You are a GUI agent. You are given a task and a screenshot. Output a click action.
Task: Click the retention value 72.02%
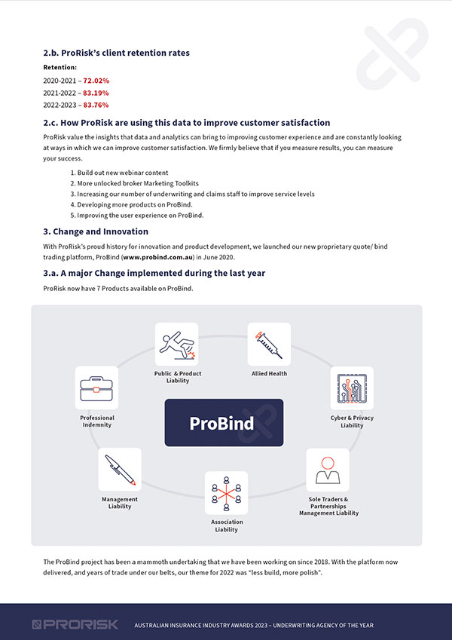[96, 80]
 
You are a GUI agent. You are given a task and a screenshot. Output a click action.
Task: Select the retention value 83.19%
[96, 92]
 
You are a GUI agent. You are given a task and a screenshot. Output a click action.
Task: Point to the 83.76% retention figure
[96, 105]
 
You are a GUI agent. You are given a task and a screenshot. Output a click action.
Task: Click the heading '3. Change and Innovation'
[96, 231]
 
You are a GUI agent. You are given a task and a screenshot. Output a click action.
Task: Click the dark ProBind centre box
[224, 422]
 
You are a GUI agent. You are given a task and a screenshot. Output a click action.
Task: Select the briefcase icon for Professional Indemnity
[96, 388]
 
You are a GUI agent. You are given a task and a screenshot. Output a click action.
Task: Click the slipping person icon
[177, 344]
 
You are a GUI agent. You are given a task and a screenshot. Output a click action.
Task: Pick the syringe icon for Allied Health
[269, 344]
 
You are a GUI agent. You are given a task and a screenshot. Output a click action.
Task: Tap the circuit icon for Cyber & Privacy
[351, 388]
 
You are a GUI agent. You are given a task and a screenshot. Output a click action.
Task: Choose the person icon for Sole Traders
[327, 470]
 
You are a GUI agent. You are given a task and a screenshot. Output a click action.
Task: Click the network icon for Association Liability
[226, 493]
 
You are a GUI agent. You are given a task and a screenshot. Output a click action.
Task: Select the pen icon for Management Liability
[120, 470]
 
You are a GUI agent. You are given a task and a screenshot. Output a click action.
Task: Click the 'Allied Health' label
[269, 373]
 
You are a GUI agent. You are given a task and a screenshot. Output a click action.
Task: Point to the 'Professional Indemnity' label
[96, 421]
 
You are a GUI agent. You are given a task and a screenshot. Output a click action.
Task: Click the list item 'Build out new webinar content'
[122, 173]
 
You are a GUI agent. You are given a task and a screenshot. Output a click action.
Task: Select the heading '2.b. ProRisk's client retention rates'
[117, 53]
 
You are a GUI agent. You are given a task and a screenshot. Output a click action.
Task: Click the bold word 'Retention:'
[60, 67]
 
